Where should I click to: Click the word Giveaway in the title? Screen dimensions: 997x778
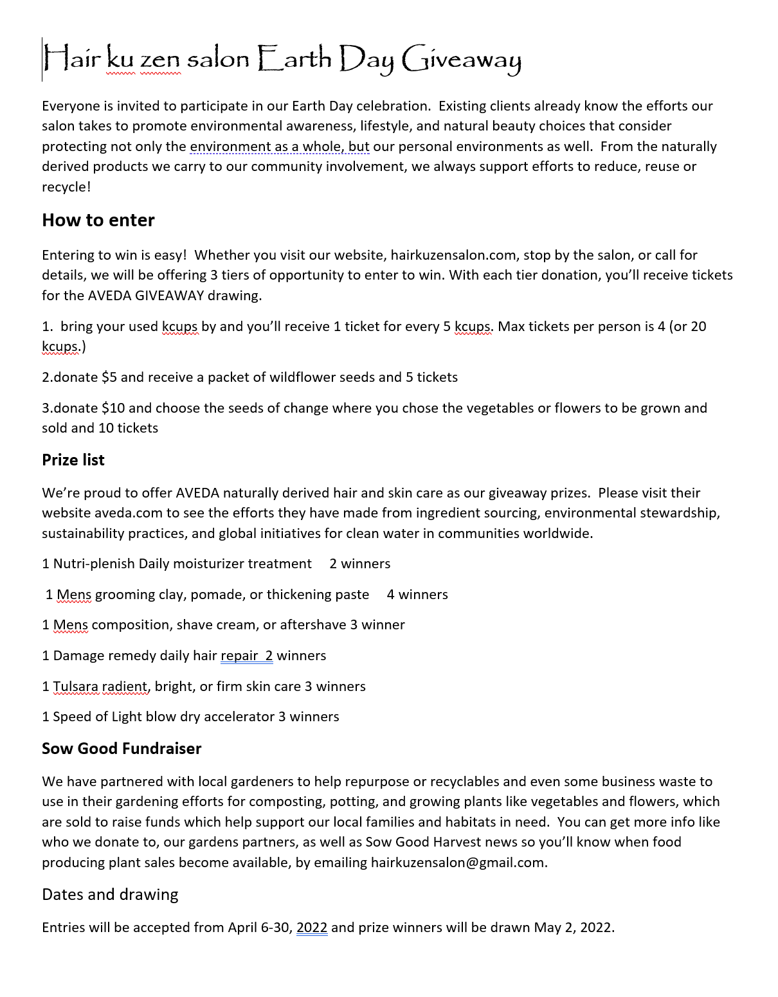point(461,60)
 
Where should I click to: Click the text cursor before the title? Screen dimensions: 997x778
point(42,59)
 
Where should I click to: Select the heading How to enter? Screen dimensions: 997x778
point(98,220)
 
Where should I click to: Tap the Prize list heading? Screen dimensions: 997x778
point(73,460)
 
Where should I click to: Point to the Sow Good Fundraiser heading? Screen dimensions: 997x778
point(122,749)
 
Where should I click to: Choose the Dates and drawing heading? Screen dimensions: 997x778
point(110,895)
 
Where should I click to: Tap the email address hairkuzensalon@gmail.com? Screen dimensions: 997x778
point(457,863)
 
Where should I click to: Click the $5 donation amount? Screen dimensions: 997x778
point(109,377)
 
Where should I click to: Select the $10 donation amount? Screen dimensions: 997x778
point(113,408)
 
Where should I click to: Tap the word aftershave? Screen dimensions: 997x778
point(314,625)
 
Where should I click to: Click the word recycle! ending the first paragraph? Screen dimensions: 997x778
point(66,187)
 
